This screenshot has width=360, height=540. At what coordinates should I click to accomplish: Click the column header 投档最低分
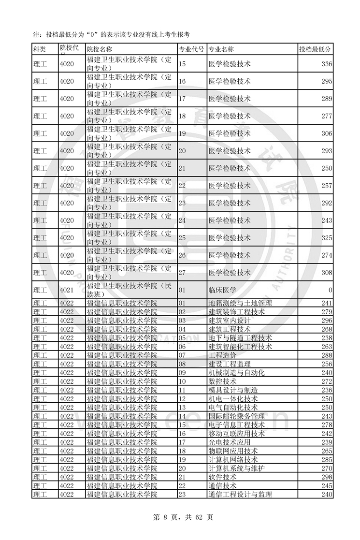tap(315, 49)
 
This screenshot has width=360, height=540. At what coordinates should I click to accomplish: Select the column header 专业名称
tap(221, 49)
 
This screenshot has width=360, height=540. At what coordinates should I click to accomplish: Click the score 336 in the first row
tap(326, 64)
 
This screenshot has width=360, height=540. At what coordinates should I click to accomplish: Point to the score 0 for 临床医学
tap(330, 290)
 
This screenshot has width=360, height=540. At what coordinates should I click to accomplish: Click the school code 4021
tap(67, 290)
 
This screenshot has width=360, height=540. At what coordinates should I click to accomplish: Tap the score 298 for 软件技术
tap(326, 477)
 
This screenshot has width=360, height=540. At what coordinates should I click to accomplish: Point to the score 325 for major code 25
tap(326, 238)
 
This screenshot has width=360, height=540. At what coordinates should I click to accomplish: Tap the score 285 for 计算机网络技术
tap(326, 460)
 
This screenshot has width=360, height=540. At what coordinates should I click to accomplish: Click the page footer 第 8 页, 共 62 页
tap(180, 517)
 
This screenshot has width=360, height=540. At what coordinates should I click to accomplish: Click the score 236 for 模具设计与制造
tap(326, 390)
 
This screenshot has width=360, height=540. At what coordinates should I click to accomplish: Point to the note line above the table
tap(111, 34)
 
